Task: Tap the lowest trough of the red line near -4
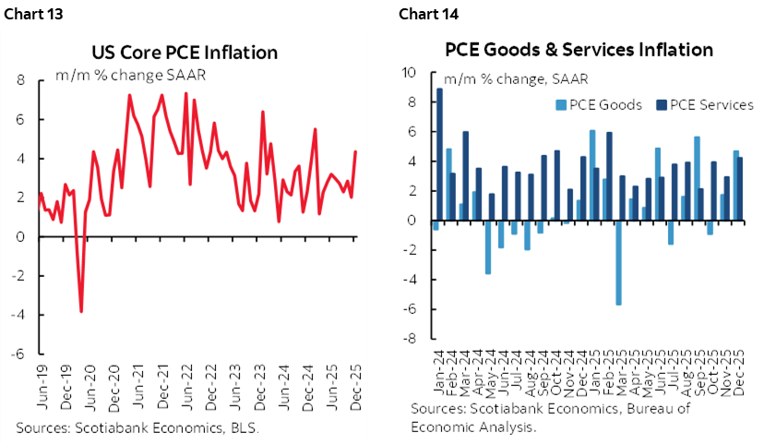click(x=81, y=310)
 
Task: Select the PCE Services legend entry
click(x=708, y=104)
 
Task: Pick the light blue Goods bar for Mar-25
click(x=618, y=262)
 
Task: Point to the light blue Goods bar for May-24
click(x=487, y=247)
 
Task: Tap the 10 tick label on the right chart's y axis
click(x=410, y=73)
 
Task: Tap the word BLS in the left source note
click(x=245, y=427)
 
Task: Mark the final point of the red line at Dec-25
click(x=356, y=151)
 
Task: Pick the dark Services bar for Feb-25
click(x=610, y=176)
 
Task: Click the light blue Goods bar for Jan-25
click(x=592, y=175)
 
